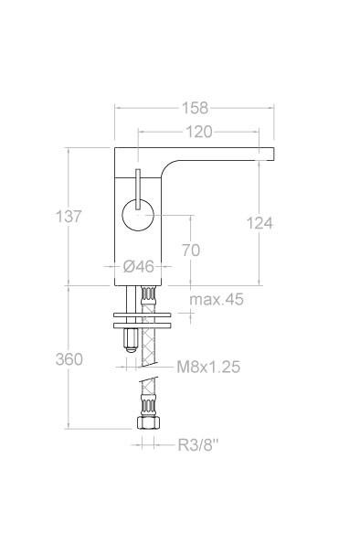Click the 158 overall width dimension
click(x=194, y=108)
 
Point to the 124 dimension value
click(x=259, y=222)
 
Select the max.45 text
click(x=217, y=300)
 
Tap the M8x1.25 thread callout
click(x=208, y=367)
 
